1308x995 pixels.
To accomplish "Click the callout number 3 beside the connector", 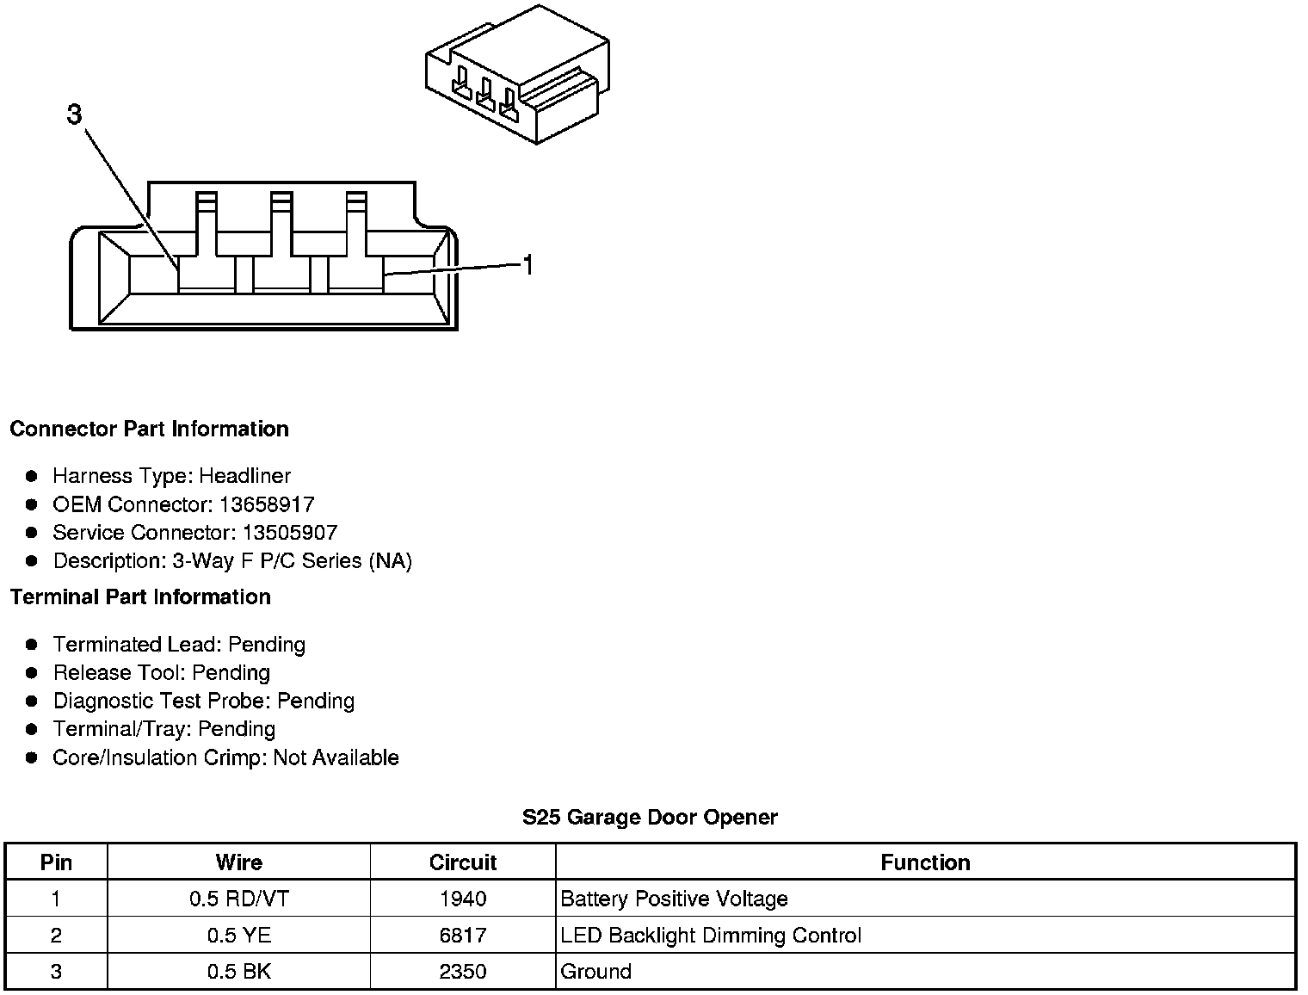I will click(75, 114).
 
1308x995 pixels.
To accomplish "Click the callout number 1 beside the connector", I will click(528, 265).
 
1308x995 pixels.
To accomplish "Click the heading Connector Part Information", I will click(149, 429).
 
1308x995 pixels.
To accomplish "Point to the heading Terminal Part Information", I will click(140, 596).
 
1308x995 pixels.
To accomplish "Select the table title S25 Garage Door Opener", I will click(650, 817).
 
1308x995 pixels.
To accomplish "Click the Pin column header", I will click(57, 862).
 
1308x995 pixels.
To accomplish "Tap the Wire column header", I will click(239, 862).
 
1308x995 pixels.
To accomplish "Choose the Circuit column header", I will click(463, 862).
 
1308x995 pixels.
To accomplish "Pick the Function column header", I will click(925, 862).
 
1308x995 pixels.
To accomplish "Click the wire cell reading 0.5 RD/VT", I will click(239, 899).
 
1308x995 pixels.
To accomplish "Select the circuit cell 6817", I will click(463, 936).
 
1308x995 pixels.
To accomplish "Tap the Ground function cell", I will click(596, 972).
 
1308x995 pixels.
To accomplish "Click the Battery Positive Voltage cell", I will click(674, 899).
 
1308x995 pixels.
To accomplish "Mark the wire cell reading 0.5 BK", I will click(239, 972).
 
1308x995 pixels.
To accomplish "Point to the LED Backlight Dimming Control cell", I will click(711, 936).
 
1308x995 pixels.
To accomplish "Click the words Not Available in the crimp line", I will click(336, 757).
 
